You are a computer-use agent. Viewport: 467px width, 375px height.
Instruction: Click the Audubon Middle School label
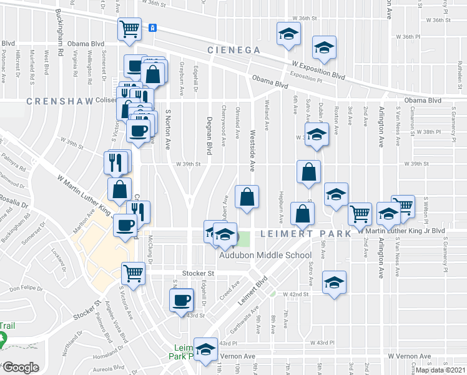(265, 255)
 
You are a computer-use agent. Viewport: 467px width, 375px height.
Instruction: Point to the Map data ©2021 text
(440, 370)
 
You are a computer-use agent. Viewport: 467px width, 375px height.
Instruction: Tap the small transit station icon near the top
(152, 27)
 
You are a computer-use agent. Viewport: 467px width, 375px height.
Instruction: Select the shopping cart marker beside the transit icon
(129, 28)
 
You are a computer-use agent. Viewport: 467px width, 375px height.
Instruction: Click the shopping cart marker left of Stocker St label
(134, 272)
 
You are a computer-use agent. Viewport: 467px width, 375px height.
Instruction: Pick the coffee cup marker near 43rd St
(182, 300)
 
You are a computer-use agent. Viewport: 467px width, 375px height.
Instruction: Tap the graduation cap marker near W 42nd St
(334, 281)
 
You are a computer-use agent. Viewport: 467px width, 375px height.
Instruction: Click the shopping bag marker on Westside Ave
(247, 196)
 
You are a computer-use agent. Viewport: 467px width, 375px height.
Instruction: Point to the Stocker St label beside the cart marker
(198, 273)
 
